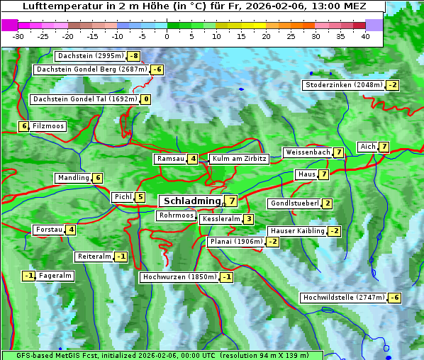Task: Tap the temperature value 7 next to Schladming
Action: (x=231, y=201)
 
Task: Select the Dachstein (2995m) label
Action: (x=90, y=55)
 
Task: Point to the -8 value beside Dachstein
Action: (x=133, y=55)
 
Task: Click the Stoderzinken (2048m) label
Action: (x=343, y=85)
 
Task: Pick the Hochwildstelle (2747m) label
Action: (x=343, y=298)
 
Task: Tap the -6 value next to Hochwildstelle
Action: (x=394, y=298)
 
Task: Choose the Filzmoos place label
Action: (x=48, y=126)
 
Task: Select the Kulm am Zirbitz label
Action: (x=238, y=159)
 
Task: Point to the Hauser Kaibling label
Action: (x=297, y=231)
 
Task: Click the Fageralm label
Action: (x=55, y=276)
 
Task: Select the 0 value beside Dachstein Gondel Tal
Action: (x=145, y=99)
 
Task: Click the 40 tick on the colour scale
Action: (x=365, y=35)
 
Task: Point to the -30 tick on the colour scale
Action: (x=18, y=35)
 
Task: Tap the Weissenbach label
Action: (x=307, y=152)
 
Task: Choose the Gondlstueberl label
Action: (x=294, y=203)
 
